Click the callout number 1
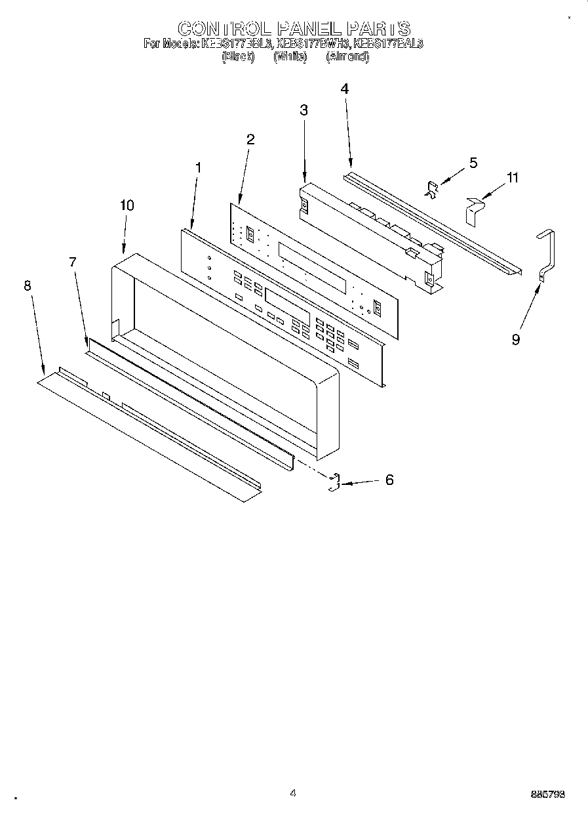pyautogui.click(x=199, y=167)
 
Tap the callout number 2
pyautogui.click(x=250, y=139)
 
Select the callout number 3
pyautogui.click(x=304, y=110)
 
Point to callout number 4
pyautogui.click(x=344, y=89)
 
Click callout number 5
pyautogui.click(x=473, y=163)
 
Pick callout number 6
pyautogui.click(x=389, y=480)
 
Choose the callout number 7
pyautogui.click(x=73, y=262)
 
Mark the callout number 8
pyautogui.click(x=27, y=285)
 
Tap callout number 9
pyautogui.click(x=516, y=340)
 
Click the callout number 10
pyautogui.click(x=127, y=205)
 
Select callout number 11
pyautogui.click(x=512, y=178)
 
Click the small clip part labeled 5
pyautogui.click(x=431, y=190)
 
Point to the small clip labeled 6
pyautogui.click(x=334, y=482)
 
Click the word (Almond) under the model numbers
pyautogui.click(x=347, y=56)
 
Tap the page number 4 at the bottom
pyautogui.click(x=293, y=793)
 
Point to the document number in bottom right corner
pyautogui.click(x=547, y=795)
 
